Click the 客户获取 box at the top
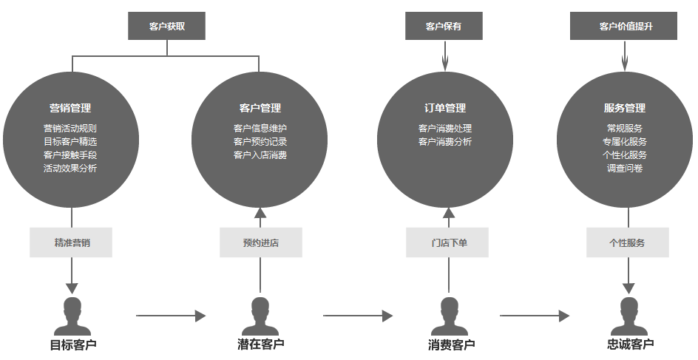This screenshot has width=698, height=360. click(166, 26)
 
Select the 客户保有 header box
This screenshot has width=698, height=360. click(444, 26)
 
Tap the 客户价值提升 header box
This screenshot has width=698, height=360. click(626, 26)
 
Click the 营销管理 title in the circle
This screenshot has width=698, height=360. click(70, 108)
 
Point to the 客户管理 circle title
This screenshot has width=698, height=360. click(260, 108)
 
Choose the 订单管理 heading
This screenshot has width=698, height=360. click(445, 108)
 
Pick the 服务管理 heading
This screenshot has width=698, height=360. click(625, 108)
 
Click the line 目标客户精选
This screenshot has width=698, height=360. click(70, 141)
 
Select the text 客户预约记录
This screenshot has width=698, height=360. click(260, 141)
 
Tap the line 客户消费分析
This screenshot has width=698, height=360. click(445, 141)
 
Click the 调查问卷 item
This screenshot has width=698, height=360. click(625, 168)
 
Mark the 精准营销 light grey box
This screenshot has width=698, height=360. click(71, 242)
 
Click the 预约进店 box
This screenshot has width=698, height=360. click(261, 242)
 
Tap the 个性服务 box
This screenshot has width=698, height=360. click(627, 242)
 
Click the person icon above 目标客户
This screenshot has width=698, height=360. click(72, 316)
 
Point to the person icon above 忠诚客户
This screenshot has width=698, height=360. click(628, 316)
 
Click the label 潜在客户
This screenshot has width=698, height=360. click(261, 344)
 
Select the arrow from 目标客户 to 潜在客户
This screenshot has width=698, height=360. click(171, 316)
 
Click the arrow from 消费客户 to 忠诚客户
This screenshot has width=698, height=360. click(535, 316)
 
